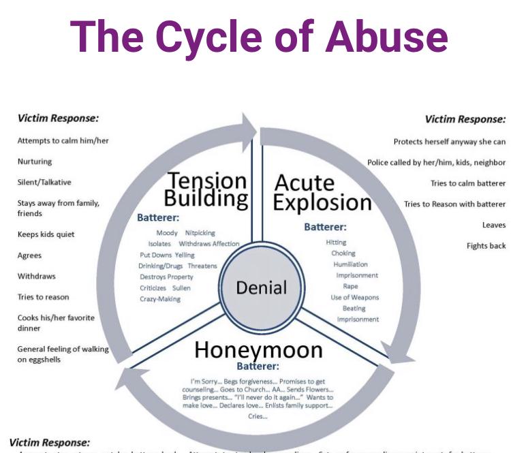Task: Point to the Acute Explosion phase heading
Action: [x=323, y=193]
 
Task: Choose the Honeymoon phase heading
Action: [x=258, y=349]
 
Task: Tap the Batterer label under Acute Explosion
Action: [x=325, y=227]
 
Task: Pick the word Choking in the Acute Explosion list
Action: [x=343, y=253]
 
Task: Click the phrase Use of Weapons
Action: [x=355, y=297]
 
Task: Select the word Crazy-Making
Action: [x=160, y=298]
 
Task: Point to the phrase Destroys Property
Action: [x=167, y=277]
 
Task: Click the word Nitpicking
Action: [x=200, y=233]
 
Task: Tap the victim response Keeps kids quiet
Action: [x=46, y=234]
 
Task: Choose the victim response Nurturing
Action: [x=35, y=161]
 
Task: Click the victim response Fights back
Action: [x=486, y=245]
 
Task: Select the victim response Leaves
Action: [x=493, y=224]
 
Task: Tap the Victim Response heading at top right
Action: [x=465, y=119]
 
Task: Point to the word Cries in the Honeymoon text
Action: [x=258, y=416]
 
